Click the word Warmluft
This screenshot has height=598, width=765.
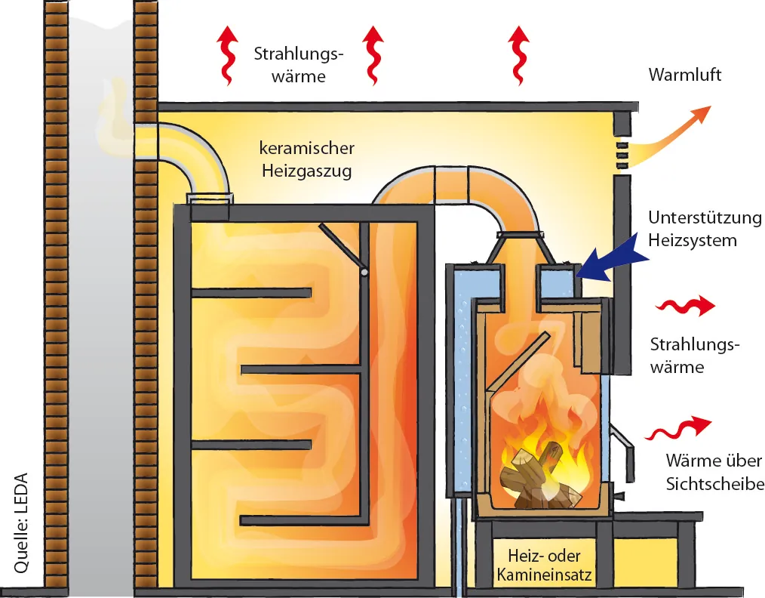[684, 76]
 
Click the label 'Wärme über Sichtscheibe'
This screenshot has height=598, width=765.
[713, 472]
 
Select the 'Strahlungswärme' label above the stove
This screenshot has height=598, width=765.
[299, 65]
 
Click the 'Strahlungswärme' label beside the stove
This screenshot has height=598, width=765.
[695, 356]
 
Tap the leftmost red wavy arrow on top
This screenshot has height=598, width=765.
[226, 54]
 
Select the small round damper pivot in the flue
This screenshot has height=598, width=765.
[364, 270]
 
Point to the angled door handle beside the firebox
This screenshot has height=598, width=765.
[622, 445]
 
